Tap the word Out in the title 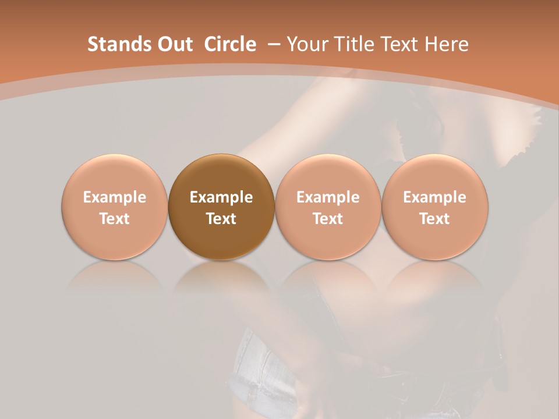174,44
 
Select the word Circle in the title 230,44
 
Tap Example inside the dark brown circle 221,197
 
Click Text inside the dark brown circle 221,219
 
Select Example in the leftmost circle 114,197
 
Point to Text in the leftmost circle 114,219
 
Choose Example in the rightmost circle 434,197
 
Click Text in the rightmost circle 434,219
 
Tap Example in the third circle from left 328,197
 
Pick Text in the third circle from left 328,219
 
